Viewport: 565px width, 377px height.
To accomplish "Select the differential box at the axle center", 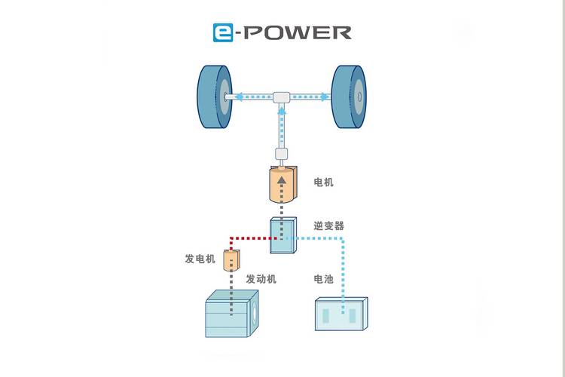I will [x=282, y=97].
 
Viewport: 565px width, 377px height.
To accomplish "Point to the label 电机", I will [x=323, y=182].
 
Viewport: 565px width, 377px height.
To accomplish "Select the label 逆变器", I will [x=328, y=225].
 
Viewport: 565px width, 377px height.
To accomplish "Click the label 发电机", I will [x=200, y=259].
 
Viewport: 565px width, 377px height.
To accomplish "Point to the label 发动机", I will [x=261, y=279].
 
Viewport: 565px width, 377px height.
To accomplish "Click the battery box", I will [x=341, y=314].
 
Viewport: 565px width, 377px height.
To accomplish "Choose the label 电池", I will [x=323, y=279].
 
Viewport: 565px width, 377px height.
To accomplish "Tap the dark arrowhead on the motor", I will [x=282, y=181].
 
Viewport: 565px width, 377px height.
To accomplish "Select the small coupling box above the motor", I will [x=282, y=155].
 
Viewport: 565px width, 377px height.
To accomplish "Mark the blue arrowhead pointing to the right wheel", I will [x=325, y=97].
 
